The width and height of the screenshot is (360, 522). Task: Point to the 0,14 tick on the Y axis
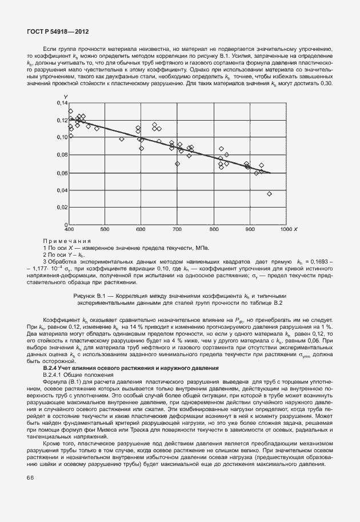pyautogui.click(x=61, y=102)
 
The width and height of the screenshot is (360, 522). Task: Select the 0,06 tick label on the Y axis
pyautogui.click(x=61, y=173)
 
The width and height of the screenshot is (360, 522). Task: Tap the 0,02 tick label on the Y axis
pyautogui.click(x=61, y=208)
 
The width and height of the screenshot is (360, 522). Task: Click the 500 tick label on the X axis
pyautogui.click(x=105, y=229)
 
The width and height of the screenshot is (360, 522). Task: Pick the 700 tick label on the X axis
pyautogui.click(x=177, y=229)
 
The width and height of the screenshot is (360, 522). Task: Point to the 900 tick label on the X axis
pyautogui.click(x=249, y=229)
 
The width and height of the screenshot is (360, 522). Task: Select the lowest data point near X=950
pyautogui.click(x=270, y=194)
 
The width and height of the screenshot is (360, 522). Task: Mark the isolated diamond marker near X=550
pyautogui.click(x=122, y=139)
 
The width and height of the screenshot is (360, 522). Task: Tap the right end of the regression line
pyautogui.click(x=270, y=173)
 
